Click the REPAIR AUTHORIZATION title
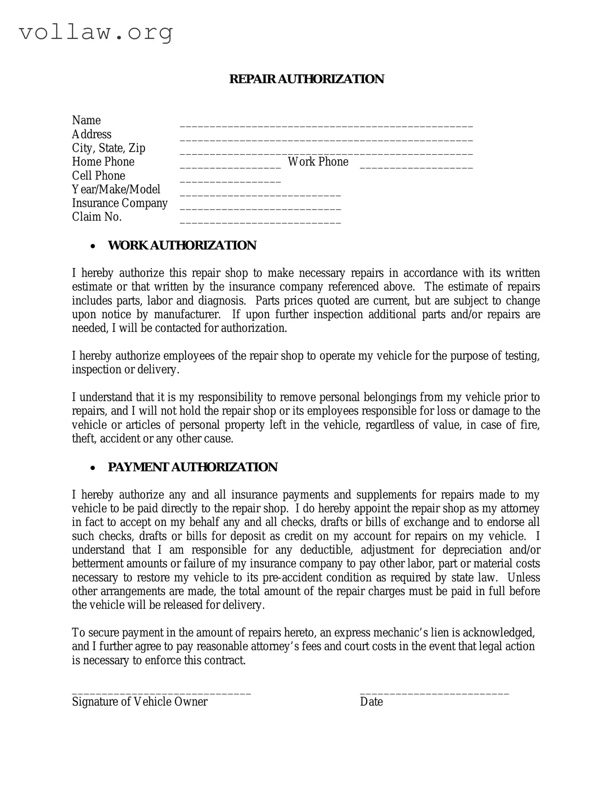click(306, 79)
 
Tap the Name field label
click(86, 120)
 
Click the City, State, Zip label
click(108, 148)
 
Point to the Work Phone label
click(318, 162)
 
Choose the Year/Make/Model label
click(116, 189)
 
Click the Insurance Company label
click(120, 203)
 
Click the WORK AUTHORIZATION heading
click(182, 245)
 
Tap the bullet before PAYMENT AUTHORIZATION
click(93, 468)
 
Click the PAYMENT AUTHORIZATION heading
click(192, 467)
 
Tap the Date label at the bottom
click(371, 702)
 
